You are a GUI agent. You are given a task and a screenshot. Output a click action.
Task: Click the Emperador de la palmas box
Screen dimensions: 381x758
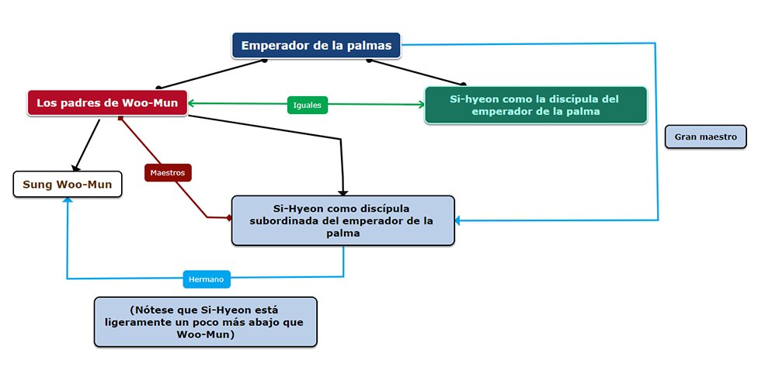coord(317,45)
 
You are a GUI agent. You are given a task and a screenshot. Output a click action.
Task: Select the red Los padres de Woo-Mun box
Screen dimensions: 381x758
coord(107,103)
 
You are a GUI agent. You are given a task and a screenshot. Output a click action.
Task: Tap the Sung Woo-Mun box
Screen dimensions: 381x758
coord(68,184)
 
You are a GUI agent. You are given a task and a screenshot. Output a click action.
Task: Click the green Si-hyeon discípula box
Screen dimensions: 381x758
coord(535,106)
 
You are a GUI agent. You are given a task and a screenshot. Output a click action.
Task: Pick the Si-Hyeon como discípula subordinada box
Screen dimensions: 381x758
coord(342,220)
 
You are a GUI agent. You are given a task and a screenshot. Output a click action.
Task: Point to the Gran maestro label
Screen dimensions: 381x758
coord(705,137)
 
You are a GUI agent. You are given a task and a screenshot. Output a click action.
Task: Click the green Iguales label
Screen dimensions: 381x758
coord(308,105)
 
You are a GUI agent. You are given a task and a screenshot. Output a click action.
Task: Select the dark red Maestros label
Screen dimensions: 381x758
coord(168,173)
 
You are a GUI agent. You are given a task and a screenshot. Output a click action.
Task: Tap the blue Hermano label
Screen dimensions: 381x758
coord(207,279)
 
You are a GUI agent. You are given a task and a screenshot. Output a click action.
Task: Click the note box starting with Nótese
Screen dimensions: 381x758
coord(206,321)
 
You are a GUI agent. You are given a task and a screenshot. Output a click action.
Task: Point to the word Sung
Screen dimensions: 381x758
coord(37,184)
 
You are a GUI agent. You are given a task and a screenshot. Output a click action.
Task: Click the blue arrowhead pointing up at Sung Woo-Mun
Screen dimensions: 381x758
coord(68,200)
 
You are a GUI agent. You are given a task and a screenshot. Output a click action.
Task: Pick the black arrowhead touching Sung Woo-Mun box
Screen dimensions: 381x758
coord(75,167)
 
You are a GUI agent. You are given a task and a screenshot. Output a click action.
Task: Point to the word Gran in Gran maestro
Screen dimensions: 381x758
coord(686,137)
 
